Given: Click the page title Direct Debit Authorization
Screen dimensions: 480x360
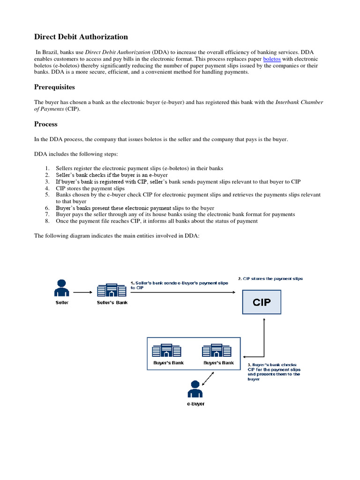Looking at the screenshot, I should [81, 37].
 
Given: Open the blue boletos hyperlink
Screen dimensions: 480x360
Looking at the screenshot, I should [271, 59].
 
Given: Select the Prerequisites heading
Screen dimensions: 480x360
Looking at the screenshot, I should [54, 87].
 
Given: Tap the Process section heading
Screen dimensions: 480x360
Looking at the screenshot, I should [46, 124].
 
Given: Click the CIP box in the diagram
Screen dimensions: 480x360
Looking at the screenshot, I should [262, 302].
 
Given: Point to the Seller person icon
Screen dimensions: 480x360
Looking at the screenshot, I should [62, 288].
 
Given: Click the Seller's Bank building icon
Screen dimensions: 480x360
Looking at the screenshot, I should [112, 290].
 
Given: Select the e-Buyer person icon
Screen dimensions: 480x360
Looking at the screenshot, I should [195, 389].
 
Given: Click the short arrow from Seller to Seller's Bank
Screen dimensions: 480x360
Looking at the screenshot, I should [83, 292].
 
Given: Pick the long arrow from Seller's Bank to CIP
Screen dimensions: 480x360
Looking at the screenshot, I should [183, 292].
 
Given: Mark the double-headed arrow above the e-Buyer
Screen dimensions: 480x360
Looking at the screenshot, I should [208, 377].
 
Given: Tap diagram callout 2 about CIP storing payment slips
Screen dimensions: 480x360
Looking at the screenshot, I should [270, 278].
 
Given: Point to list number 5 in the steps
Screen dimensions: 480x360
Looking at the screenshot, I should [47, 195].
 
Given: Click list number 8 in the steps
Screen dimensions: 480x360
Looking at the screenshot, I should [47, 221].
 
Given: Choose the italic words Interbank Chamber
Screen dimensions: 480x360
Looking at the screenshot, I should [299, 102].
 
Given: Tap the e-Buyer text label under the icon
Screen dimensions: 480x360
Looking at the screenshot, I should [195, 404].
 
